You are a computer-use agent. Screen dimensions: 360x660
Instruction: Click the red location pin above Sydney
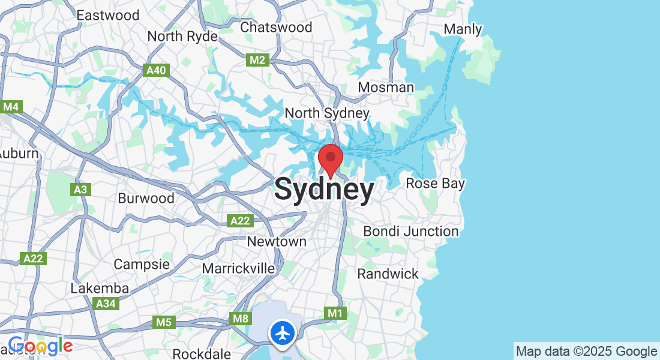click(x=330, y=158)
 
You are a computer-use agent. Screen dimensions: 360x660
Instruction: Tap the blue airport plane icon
click(x=282, y=332)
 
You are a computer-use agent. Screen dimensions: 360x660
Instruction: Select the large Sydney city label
click(x=324, y=190)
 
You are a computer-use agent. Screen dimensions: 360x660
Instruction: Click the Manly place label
click(x=463, y=29)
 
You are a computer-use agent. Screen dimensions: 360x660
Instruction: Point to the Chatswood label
click(x=276, y=27)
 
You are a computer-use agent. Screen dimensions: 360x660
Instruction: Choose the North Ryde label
click(x=182, y=37)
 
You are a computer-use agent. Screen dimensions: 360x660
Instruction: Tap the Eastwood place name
click(x=108, y=15)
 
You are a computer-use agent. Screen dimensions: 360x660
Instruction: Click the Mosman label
click(x=386, y=88)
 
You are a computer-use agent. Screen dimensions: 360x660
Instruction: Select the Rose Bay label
click(x=436, y=183)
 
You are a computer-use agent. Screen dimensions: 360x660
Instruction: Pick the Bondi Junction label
click(x=411, y=231)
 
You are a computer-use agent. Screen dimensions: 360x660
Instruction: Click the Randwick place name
click(x=388, y=274)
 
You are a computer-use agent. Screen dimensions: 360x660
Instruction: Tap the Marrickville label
click(x=238, y=268)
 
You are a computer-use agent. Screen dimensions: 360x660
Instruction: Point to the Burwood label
click(x=146, y=198)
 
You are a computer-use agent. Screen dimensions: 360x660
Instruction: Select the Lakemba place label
click(x=100, y=288)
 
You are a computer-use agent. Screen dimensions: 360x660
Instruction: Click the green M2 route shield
click(x=257, y=59)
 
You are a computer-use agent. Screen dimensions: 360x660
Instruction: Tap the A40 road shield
click(x=157, y=70)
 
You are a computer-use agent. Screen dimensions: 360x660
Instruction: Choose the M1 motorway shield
click(x=335, y=313)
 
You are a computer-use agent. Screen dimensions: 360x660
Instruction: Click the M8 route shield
click(x=240, y=318)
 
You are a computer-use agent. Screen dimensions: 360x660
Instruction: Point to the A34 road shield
click(x=106, y=304)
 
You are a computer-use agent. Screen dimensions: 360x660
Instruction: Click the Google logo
click(x=40, y=346)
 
